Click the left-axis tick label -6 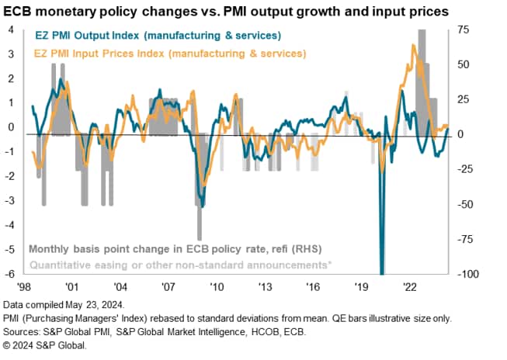pos(10,275)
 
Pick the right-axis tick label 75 pos(464,29)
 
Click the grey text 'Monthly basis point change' pos(175,249)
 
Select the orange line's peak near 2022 pos(413,47)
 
